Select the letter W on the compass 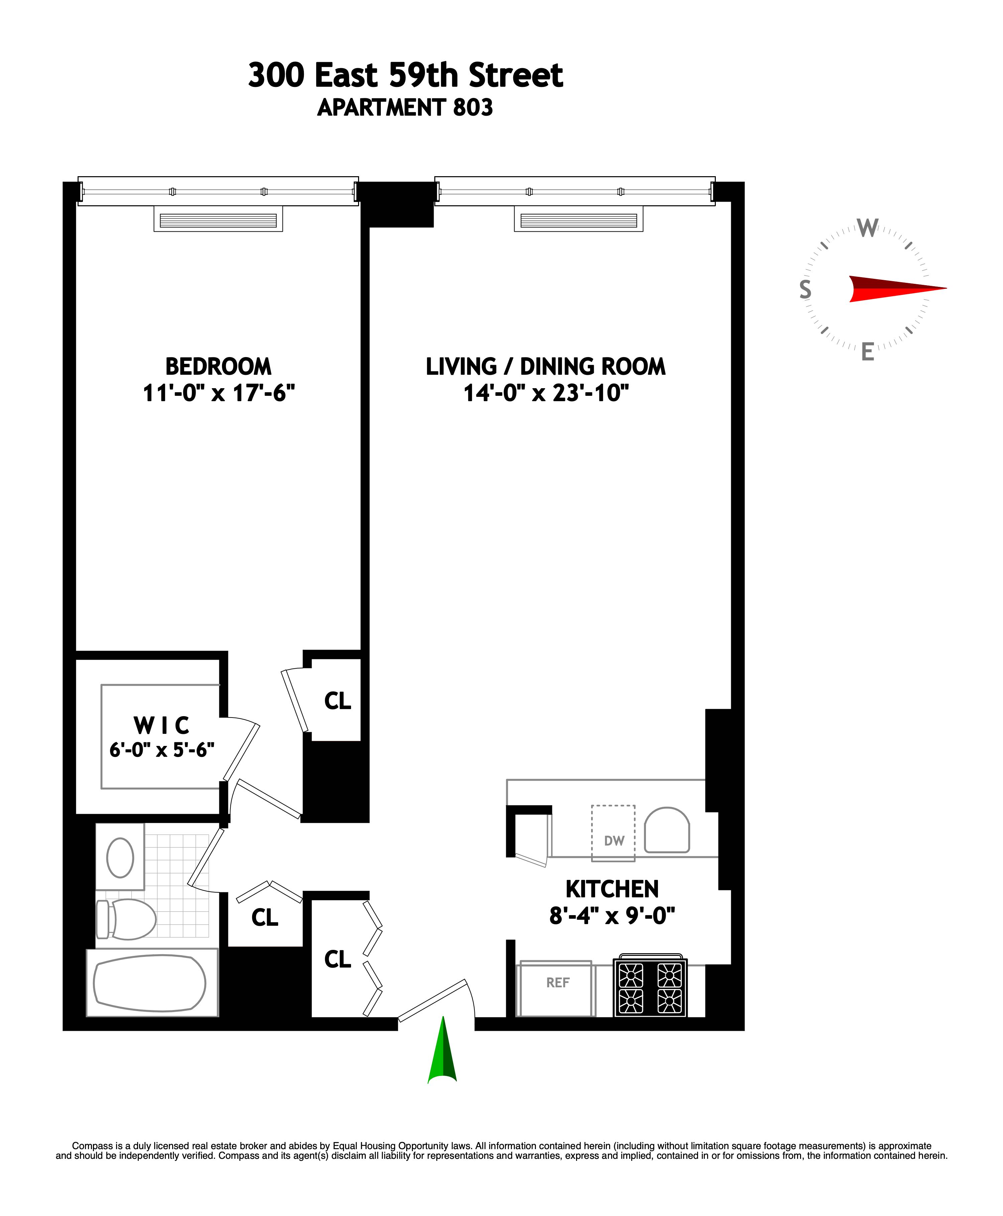point(867,228)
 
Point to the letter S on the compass point(805,289)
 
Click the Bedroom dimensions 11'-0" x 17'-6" point(218,394)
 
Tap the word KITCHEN point(612,889)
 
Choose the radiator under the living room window point(578,220)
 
